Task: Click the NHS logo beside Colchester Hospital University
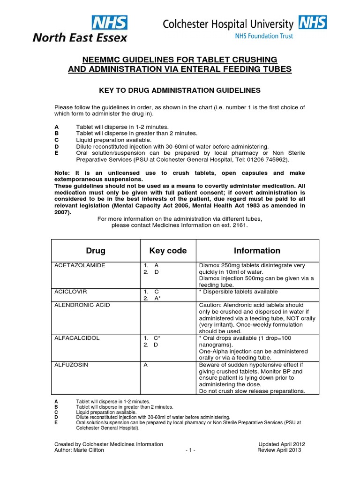point(313,22)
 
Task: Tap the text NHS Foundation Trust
point(268,35)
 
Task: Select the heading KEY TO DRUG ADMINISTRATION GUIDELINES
point(180,90)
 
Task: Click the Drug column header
point(96,250)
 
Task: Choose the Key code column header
point(167,250)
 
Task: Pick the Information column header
point(257,250)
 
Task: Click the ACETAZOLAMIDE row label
point(80,265)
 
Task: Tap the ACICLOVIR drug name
point(71,292)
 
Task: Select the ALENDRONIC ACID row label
point(82,305)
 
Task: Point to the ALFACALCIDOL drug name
point(78,338)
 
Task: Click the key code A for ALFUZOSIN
point(145,364)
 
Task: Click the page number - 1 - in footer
point(190,450)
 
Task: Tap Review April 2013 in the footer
point(279,450)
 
